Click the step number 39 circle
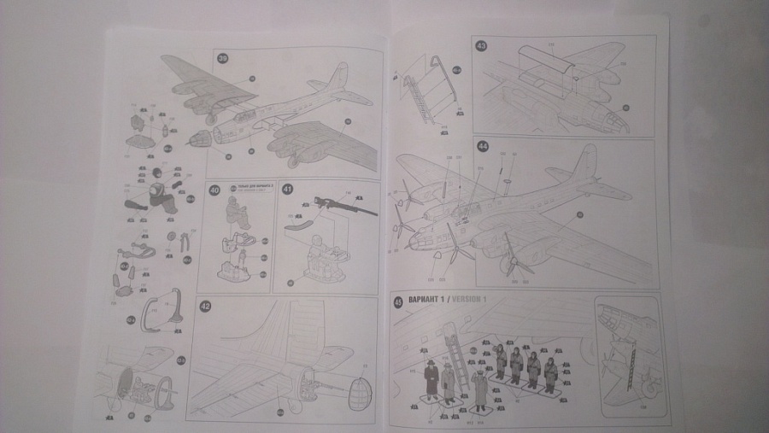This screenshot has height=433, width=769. (x=223, y=59)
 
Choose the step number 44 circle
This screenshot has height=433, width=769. (x=483, y=146)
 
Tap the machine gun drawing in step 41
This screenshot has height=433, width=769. (x=342, y=204)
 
